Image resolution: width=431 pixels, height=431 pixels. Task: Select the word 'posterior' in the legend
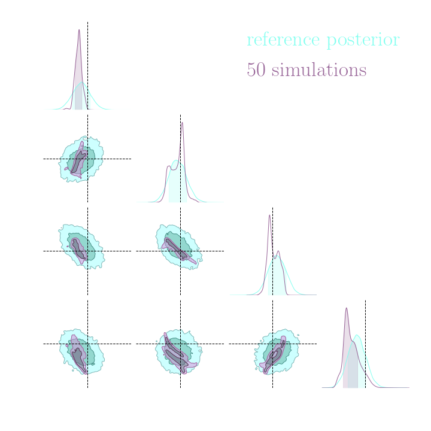[x=363, y=41]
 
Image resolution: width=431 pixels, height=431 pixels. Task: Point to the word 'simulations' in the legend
[x=319, y=70]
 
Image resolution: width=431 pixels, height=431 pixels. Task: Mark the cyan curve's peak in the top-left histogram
[x=83, y=83]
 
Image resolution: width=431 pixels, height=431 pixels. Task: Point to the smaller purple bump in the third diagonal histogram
[x=278, y=251]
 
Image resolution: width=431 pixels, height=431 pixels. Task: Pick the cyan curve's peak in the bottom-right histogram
[x=357, y=335]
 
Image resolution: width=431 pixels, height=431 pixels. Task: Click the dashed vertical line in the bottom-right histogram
[x=365, y=317]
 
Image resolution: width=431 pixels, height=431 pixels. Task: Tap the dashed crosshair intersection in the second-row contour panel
[x=87, y=159]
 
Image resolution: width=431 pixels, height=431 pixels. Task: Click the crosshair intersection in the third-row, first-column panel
[x=87, y=251]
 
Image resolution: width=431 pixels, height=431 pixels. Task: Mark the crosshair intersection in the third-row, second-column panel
[x=180, y=251]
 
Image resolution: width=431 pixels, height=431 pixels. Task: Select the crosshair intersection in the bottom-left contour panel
[x=87, y=344]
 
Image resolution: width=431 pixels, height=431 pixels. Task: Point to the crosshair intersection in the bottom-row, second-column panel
[x=180, y=344]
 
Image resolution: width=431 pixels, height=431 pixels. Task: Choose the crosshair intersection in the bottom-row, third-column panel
[x=272, y=344]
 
